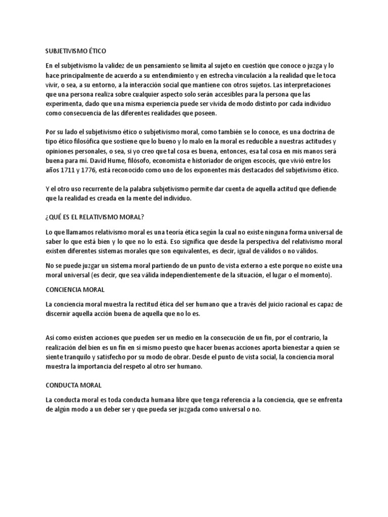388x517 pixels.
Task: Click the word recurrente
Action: [99, 189]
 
